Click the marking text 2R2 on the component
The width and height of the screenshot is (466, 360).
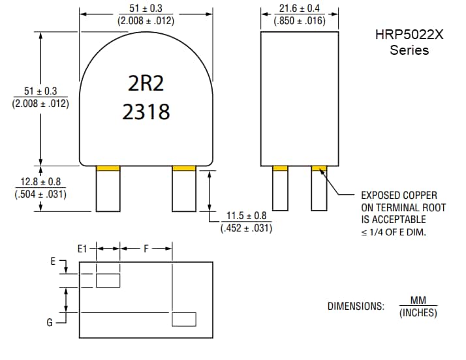[146, 83]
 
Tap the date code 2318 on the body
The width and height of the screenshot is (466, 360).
[146, 112]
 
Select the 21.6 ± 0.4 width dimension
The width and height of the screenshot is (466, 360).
[300, 8]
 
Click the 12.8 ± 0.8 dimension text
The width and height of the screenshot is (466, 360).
[40, 182]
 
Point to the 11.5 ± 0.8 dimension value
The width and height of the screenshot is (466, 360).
[246, 216]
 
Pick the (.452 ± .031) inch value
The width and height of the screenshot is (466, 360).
[246, 228]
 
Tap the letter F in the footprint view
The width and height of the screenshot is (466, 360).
[146, 248]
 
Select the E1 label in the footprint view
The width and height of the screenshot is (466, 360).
[82, 248]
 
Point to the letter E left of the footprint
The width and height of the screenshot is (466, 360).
[53, 261]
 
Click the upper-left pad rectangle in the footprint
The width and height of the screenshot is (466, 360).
[108, 280]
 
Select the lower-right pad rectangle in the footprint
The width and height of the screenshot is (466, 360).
[184, 319]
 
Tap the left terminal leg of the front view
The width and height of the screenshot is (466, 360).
[108, 191]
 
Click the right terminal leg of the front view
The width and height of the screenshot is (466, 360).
[184, 191]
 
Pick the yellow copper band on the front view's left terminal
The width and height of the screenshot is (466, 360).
[108, 169]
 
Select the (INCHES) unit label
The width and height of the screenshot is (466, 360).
[418, 313]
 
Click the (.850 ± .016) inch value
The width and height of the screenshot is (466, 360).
[300, 21]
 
